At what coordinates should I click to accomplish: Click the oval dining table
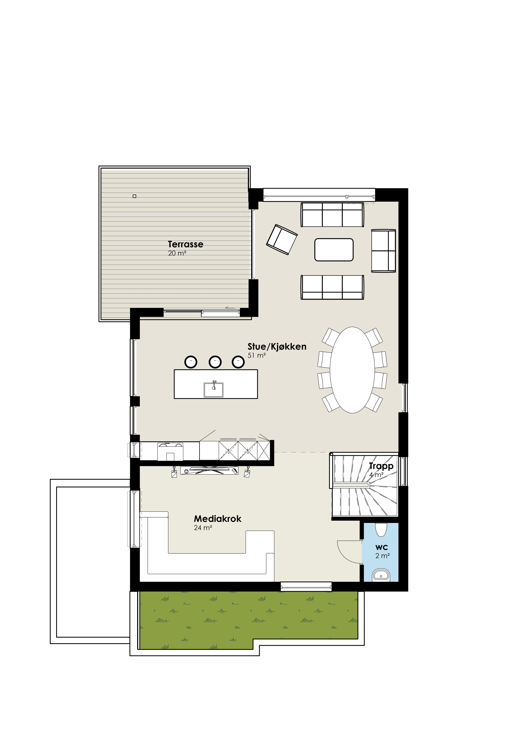[x=352, y=370]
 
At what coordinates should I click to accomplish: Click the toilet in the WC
[x=381, y=529]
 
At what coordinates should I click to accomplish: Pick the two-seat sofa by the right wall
[x=383, y=251]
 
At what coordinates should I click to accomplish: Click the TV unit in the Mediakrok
[x=210, y=471]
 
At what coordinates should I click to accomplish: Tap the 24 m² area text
[x=203, y=528]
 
